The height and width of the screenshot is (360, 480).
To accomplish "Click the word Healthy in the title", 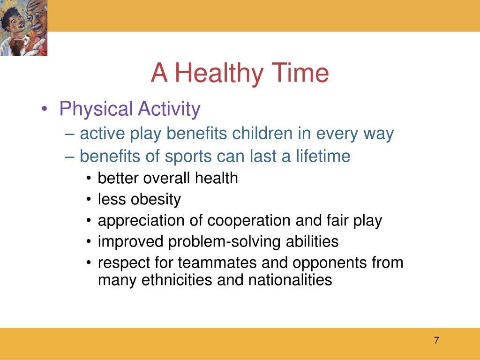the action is click(218, 74).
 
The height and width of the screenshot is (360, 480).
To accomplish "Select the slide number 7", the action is click(436, 340).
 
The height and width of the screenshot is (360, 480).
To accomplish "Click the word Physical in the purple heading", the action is click(96, 109).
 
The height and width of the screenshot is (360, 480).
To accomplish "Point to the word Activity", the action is click(169, 109).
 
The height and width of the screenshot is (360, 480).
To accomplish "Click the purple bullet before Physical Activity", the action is click(45, 109).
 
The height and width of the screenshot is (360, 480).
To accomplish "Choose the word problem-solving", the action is click(225, 242).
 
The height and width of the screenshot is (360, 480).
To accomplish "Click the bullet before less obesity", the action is click(89, 200).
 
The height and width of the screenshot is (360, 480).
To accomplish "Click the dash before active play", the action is click(69, 134).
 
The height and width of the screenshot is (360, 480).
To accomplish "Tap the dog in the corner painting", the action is click(19, 45).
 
